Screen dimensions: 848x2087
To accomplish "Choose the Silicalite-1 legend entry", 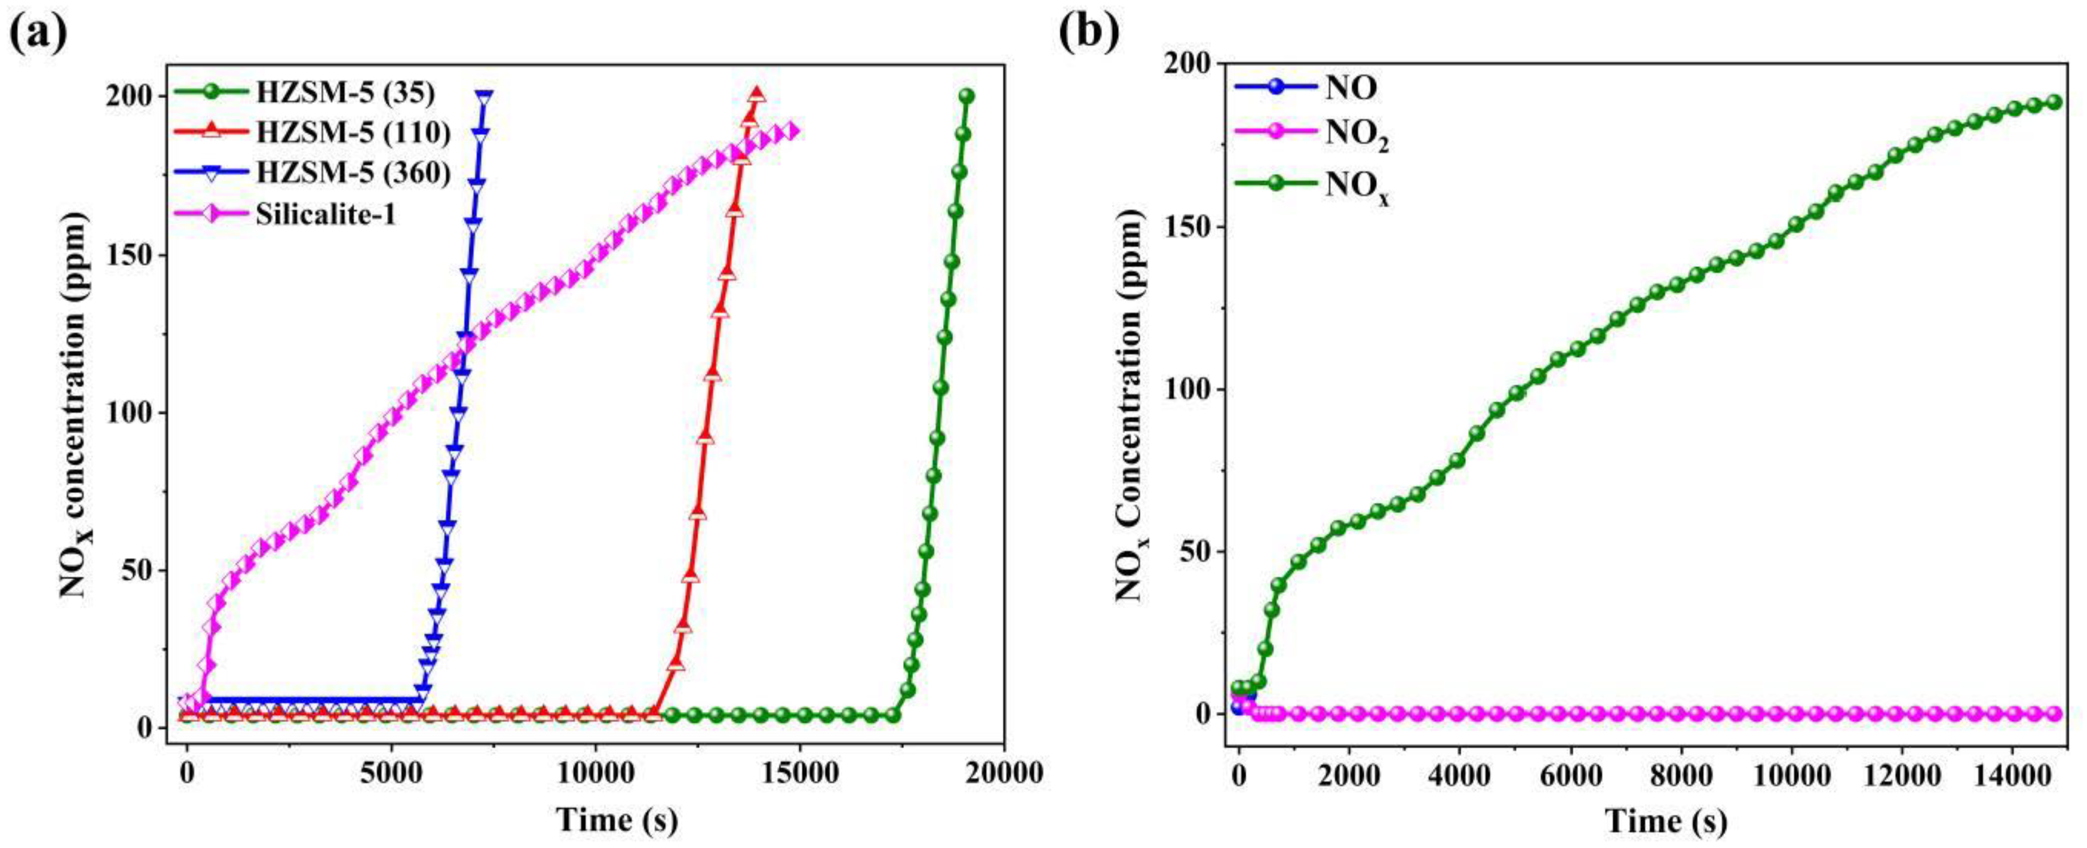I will point(326,215).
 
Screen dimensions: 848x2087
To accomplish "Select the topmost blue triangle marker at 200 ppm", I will point(484,96).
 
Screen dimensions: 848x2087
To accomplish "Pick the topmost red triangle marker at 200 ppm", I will point(757,95).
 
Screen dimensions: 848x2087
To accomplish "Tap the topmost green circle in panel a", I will point(966,96).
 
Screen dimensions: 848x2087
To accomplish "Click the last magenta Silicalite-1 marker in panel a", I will point(795,131).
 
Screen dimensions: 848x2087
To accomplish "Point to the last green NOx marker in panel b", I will point(2053,125).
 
